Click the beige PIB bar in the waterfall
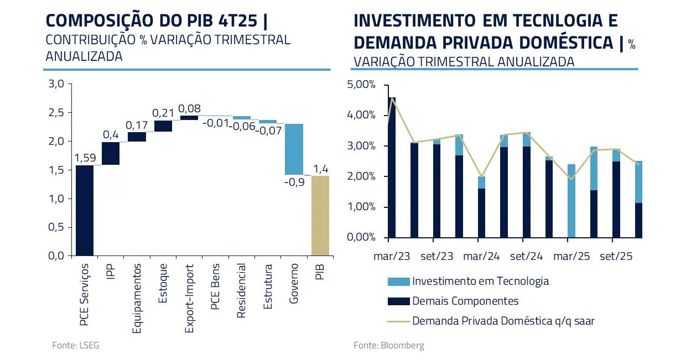coord(320,216)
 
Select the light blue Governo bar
coord(294,149)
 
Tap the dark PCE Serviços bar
coord(84,211)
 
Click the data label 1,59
coord(85,158)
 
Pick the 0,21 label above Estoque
coord(163,113)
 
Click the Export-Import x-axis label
coord(189,298)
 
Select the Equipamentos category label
coord(137,299)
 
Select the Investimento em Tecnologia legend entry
coord(480,281)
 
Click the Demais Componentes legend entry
coord(465,301)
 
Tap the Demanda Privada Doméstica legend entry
coord(503,321)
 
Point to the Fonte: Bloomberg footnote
coord(389,345)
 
